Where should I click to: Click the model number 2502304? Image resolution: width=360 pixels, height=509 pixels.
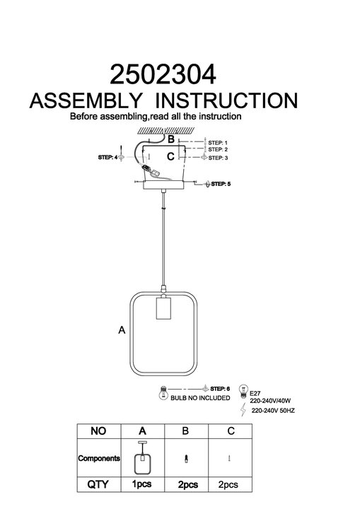pos(163,74)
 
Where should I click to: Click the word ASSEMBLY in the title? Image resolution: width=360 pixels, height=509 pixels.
pos(86,100)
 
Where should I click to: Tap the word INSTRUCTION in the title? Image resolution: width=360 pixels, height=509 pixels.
pos(226,100)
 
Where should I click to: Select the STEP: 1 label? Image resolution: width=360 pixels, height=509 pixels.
pos(218,143)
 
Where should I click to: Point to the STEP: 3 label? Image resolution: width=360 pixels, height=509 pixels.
pos(218,158)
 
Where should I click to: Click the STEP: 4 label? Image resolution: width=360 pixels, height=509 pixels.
pos(108,158)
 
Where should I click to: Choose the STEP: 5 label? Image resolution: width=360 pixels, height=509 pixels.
pos(221,184)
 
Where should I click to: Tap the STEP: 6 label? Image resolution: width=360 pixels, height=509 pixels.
pos(220,389)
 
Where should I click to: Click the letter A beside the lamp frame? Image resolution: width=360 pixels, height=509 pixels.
pos(122,330)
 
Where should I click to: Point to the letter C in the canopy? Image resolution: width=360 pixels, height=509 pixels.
pos(170,156)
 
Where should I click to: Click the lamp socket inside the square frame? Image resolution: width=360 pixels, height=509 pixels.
pos(164,307)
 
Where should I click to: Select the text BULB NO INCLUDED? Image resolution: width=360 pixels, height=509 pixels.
pos(200,398)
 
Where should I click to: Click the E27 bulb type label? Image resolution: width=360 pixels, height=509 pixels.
pos(255,394)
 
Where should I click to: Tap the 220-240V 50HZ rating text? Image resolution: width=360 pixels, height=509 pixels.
pos(273,411)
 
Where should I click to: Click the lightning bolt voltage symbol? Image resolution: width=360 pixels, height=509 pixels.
pos(243,409)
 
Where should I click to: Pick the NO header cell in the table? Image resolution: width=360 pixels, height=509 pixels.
pos(98,431)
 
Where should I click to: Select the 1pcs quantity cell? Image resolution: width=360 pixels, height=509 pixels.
pos(142,484)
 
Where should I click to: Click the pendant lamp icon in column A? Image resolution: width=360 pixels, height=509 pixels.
pos(142,457)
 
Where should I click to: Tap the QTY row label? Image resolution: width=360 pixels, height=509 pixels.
pos(98,484)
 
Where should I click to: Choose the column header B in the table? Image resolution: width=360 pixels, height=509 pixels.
pos(185,431)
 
